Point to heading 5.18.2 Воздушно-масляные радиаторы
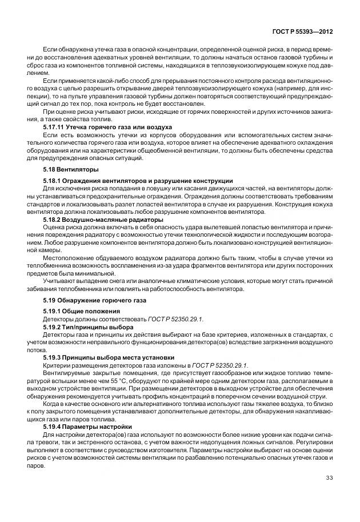coord(103,220)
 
